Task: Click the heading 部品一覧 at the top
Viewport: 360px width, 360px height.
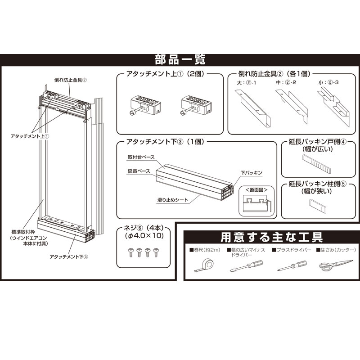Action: [x=180, y=59]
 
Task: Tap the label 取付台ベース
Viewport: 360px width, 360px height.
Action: [x=141, y=157]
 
